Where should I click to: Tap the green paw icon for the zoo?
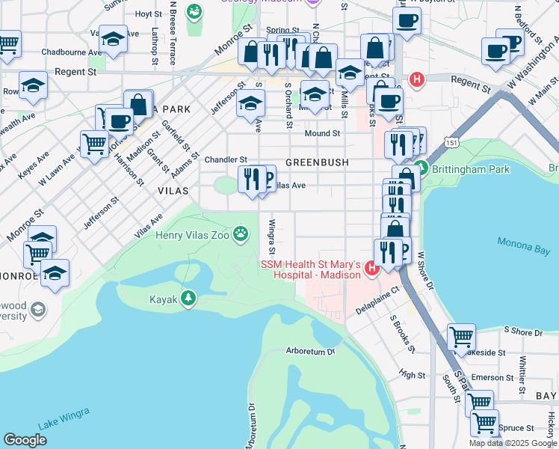(241, 235)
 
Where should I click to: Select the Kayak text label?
(163, 299)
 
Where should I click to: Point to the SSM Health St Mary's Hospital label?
(310, 270)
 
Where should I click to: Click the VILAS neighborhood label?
(173, 191)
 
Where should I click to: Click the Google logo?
(25, 439)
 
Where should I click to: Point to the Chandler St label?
(226, 159)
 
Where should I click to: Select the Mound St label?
(322, 133)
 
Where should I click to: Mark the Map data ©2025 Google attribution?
(513, 443)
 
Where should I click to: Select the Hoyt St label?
(149, 13)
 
